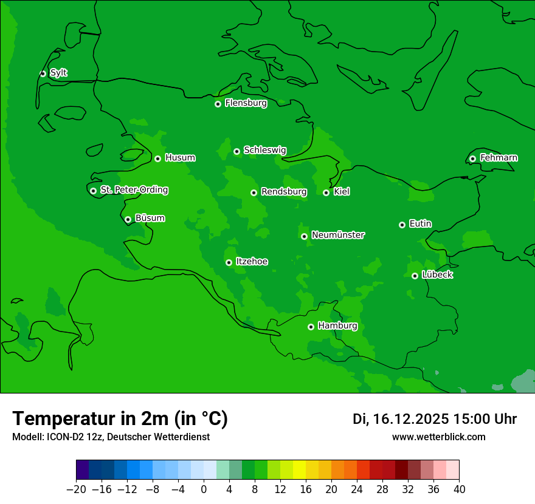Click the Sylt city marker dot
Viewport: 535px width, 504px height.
43,73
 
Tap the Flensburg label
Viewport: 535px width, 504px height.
246,103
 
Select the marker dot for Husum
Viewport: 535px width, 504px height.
157,158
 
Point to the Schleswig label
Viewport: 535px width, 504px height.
264,150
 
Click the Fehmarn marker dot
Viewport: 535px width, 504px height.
472,158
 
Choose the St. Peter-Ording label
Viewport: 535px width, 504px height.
134,190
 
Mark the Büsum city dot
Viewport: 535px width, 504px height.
128,220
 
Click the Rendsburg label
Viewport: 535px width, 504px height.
283,192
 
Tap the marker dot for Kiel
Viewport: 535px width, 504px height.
326,192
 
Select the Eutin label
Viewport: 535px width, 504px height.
420,224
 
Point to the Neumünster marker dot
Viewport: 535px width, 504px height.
304,236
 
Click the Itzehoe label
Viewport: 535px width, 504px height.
252,262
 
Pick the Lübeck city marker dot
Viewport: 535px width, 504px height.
415,276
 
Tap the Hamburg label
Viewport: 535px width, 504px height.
337,326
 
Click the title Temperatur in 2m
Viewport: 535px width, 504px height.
120,418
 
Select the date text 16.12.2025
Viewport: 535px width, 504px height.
410,419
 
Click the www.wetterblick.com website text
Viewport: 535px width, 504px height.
438,437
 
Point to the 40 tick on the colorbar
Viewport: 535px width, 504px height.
459,489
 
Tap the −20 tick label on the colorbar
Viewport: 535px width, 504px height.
77,489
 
